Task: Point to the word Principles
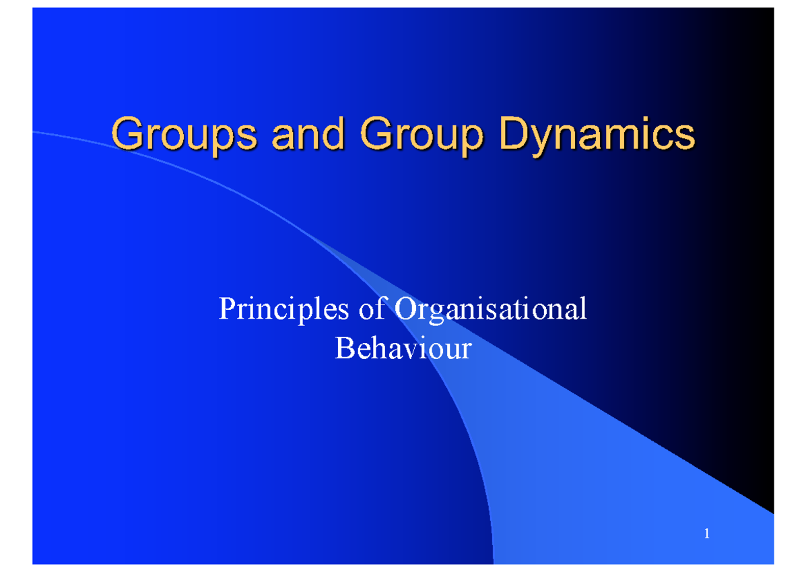[284, 311]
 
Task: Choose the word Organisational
[490, 311]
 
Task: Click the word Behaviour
[403, 349]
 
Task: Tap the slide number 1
[706, 535]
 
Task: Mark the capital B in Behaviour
[343, 349]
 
